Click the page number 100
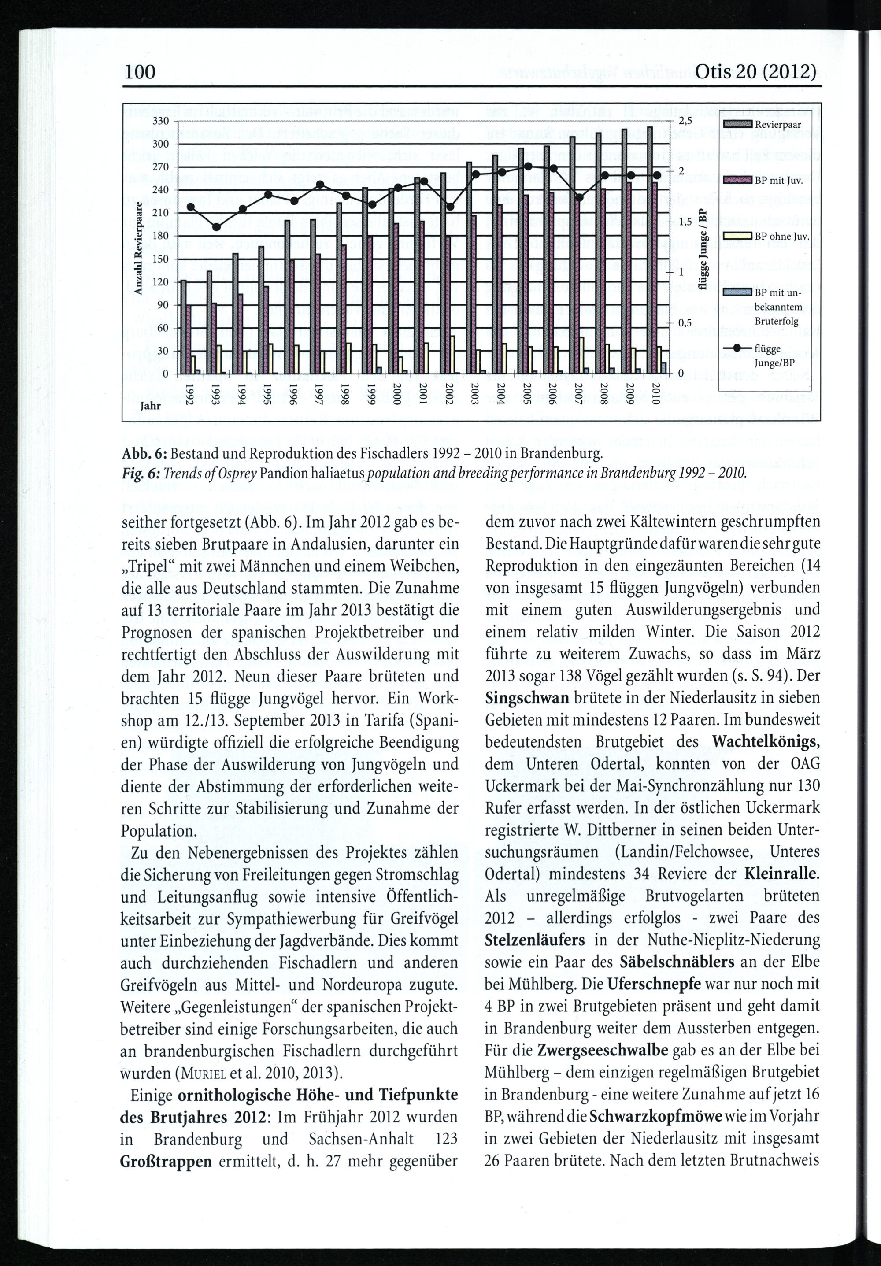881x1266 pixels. (140, 72)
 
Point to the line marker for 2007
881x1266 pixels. (579, 198)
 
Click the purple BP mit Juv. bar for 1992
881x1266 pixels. (189, 340)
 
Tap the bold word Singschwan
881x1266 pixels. (527, 697)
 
